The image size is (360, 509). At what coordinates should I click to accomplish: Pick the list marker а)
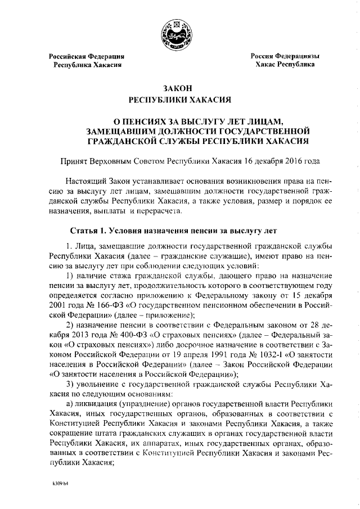pos(69,404)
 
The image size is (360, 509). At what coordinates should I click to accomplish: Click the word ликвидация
pos(100,404)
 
